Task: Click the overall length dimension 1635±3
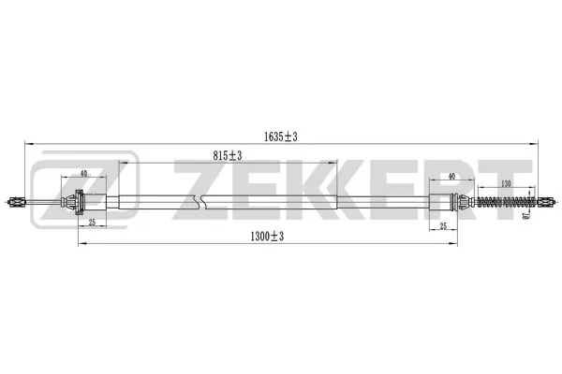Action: (x=281, y=137)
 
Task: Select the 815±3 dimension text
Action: (x=228, y=155)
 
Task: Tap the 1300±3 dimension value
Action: (x=267, y=236)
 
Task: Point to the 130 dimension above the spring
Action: (x=507, y=183)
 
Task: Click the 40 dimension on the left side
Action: (x=85, y=175)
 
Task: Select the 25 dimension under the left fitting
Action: (x=92, y=223)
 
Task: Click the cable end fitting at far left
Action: (x=19, y=201)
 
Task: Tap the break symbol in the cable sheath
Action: (x=196, y=201)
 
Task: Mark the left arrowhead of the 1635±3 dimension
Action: (x=25, y=144)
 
